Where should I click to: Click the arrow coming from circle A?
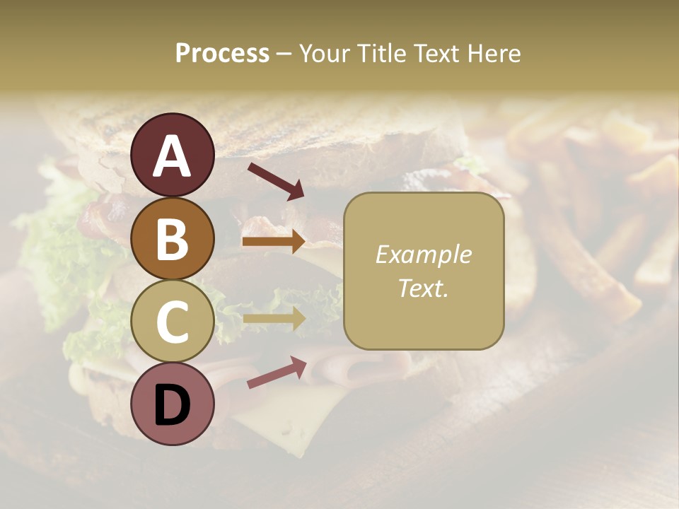click(x=275, y=180)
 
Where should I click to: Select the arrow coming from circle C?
click(x=274, y=319)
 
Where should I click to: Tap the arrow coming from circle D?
click(x=276, y=373)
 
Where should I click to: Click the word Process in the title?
click(x=222, y=54)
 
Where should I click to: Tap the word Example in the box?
click(x=423, y=255)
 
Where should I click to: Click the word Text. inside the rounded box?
click(x=423, y=288)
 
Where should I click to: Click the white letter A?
click(x=172, y=156)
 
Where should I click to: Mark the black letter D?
click(x=172, y=405)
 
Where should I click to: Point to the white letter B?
click(x=172, y=239)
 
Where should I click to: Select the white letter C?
click(x=172, y=322)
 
